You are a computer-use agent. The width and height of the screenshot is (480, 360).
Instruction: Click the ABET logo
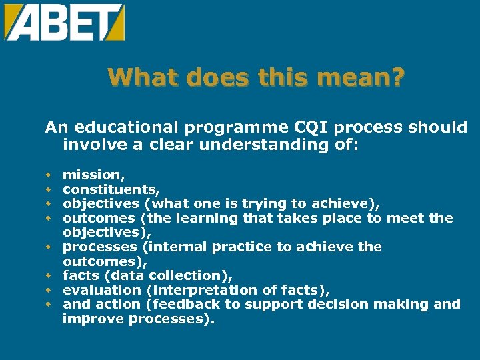65,23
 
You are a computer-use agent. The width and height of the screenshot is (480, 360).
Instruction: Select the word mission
92,175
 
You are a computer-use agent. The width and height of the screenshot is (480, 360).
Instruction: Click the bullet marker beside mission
49,175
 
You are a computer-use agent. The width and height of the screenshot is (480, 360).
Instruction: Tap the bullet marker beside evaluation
49,290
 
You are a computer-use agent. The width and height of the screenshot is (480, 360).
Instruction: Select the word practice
242,247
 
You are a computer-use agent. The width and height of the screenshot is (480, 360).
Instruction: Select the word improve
89,319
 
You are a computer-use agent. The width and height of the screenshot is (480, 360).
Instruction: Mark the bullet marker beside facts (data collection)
49,275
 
